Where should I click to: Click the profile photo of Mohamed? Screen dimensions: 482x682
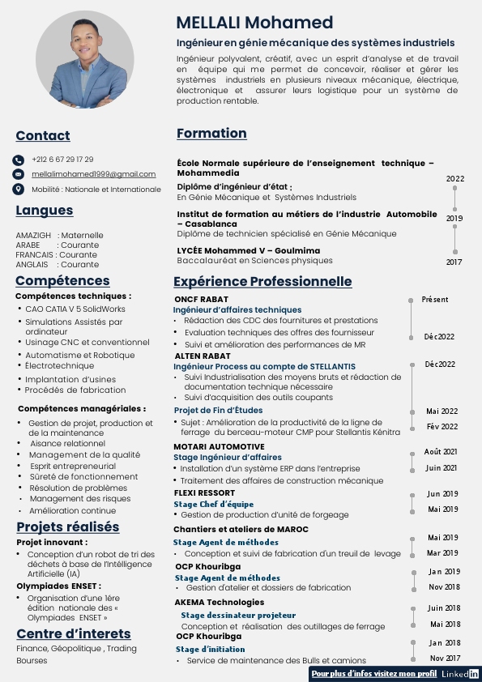(84, 59)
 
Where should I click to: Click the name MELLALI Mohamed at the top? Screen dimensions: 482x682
(254, 22)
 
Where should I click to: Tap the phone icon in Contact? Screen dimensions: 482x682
(19, 160)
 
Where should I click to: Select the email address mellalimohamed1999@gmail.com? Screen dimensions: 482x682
(93, 174)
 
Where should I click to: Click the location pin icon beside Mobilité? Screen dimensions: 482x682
(19, 189)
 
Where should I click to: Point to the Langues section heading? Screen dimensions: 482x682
(44, 211)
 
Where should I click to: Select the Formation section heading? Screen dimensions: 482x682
(211, 133)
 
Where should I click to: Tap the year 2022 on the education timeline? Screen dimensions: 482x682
(455, 179)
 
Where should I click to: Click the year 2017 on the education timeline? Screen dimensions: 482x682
(454, 262)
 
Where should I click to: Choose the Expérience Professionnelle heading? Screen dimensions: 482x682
(262, 282)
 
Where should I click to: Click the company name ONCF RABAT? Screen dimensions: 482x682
(202, 299)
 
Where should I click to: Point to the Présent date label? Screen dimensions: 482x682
(434, 300)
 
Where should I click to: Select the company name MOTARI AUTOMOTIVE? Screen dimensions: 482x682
(219, 447)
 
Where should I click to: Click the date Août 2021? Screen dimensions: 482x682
(441, 452)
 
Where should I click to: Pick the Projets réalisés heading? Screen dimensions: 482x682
(68, 527)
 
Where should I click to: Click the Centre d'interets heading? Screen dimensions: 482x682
(73, 633)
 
